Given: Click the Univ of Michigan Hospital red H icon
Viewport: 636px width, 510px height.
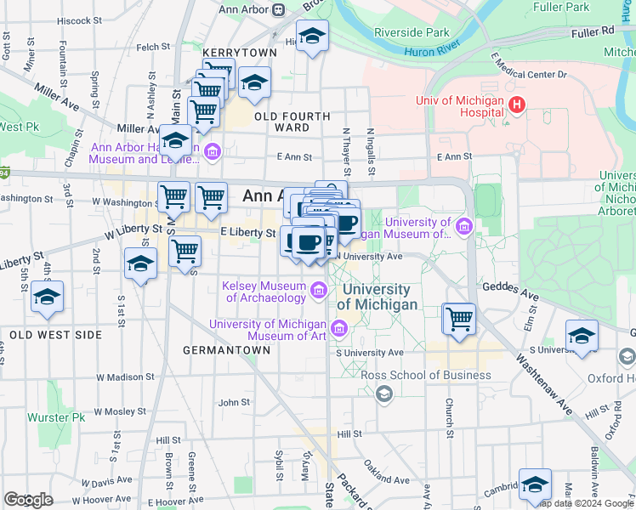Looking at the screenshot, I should point(516,105).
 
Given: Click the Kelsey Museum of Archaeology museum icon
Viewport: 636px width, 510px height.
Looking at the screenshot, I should point(319,292).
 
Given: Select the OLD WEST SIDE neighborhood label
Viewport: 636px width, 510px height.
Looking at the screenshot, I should point(55,335).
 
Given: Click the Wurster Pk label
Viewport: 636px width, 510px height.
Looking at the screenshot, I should point(56,417).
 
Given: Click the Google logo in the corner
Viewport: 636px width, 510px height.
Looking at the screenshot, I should point(28,500).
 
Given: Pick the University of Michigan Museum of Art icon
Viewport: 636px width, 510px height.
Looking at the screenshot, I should point(339,327).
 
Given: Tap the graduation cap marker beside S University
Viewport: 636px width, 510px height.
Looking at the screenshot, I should point(582,336).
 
